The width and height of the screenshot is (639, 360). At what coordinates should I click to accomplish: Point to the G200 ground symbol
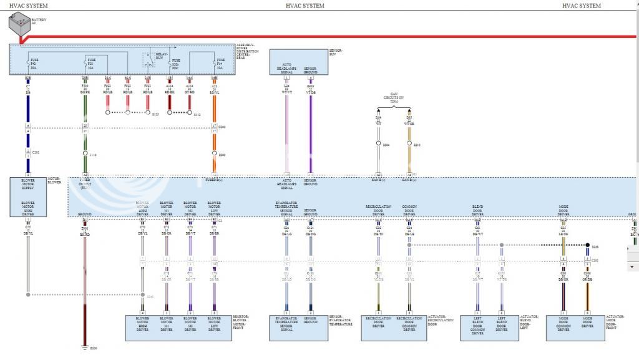tap(85, 348)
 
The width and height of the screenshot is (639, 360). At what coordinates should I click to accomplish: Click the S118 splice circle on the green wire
tap(85, 153)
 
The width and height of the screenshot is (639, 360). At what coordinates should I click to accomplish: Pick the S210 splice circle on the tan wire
tap(409, 144)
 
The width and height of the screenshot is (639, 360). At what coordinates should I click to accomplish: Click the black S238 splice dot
tap(587, 245)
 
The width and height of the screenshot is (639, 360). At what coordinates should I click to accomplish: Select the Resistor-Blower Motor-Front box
tap(178, 327)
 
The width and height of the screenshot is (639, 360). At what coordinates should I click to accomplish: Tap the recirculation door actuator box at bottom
tap(393, 327)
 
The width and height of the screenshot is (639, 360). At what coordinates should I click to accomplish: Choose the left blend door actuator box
tap(490, 327)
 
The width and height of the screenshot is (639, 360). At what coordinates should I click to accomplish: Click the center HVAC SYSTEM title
tap(305, 6)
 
